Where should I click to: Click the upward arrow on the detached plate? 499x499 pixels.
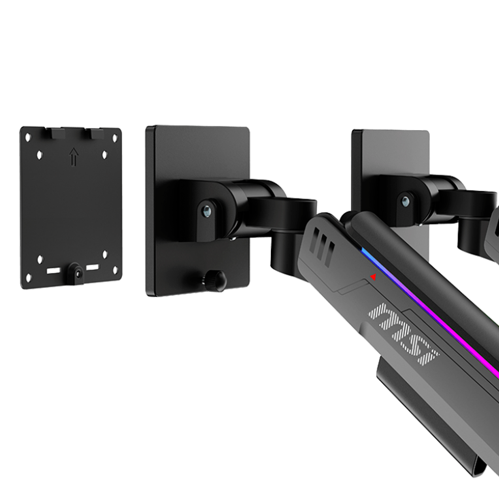(x=74, y=156)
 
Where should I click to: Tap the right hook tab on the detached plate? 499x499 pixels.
(x=94, y=133)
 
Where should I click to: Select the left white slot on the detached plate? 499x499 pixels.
(x=53, y=271)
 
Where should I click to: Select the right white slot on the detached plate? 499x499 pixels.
(x=93, y=267)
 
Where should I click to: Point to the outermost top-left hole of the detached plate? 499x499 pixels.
(x=28, y=137)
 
